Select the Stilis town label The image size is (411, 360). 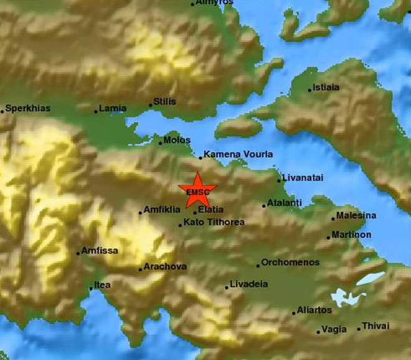(x=165, y=102)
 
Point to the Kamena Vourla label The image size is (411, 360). (x=239, y=154)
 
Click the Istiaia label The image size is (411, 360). (x=326, y=87)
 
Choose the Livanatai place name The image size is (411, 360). (x=303, y=178)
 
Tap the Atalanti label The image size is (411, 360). (x=285, y=203)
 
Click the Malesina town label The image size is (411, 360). (x=356, y=216)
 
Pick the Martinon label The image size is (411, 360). (x=352, y=234)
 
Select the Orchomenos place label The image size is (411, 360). (x=290, y=262)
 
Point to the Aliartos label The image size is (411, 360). (x=314, y=310)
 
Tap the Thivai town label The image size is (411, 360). (x=376, y=326)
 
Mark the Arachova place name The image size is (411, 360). (x=165, y=267)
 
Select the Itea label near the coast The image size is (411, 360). (x=102, y=286)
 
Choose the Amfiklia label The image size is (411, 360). (x=162, y=210)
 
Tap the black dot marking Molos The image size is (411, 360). (x=160, y=143)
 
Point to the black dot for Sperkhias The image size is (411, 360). (x=2, y=111)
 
